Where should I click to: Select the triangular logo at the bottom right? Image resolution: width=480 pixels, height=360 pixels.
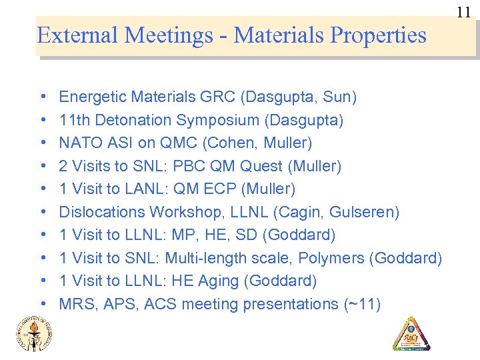[x=411, y=333]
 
